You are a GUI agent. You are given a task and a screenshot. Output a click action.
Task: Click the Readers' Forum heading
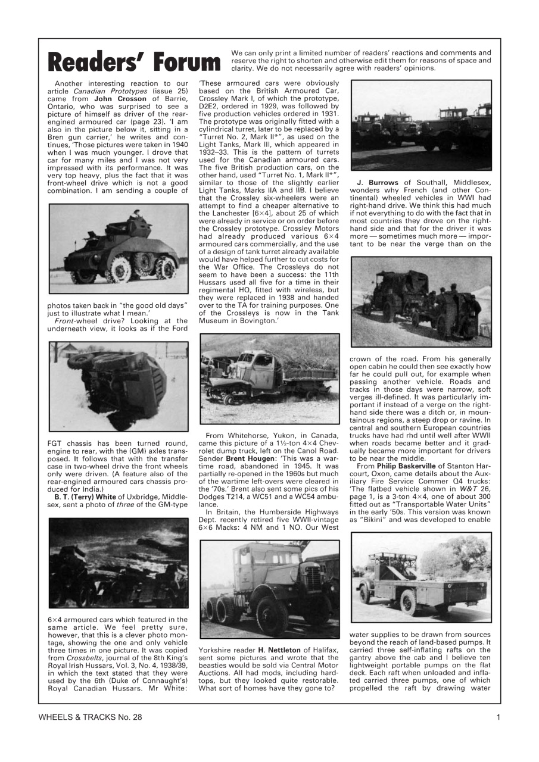coord(134,62)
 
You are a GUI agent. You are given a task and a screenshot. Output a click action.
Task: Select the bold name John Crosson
coord(120,99)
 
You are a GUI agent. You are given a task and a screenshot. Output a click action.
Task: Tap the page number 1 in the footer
coord(498,717)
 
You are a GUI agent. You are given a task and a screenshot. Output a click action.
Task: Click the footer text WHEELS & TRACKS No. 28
coord(91,717)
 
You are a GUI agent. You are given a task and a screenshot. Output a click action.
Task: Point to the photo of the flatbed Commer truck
coord(421,576)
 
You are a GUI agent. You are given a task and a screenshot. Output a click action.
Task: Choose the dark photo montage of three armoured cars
coord(118,562)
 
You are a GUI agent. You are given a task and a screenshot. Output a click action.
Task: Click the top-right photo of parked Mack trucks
coord(421,124)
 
